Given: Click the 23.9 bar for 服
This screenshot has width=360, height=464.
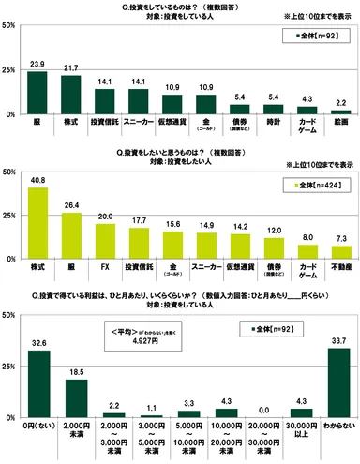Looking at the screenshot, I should (37, 93).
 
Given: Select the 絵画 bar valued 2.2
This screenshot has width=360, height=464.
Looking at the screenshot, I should (341, 111).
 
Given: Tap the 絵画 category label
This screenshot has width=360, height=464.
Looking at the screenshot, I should (341, 122).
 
